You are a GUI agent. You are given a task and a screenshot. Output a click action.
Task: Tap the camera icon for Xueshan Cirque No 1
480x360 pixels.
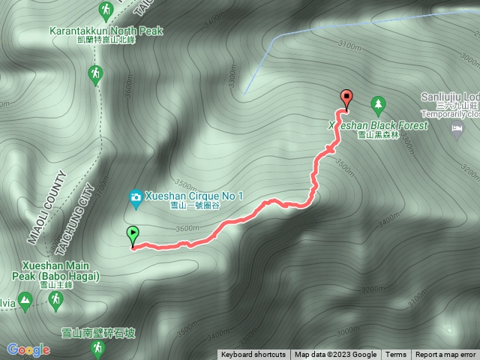coord(136,196)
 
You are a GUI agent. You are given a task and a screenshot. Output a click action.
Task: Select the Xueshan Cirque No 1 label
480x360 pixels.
coord(195,196)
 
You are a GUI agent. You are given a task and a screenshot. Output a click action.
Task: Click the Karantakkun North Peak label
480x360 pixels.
coord(105,31)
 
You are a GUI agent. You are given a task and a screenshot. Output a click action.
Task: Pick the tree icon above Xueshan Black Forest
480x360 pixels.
coord(379,102)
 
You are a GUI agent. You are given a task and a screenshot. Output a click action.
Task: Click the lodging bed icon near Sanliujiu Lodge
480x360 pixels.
coord(457,129)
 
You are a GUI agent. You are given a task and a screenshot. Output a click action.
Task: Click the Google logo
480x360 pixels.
coord(28,349)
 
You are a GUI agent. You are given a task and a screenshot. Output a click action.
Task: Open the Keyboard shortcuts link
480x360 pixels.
coord(253,355)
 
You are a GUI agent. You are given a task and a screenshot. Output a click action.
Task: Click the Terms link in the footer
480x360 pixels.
coord(396,355)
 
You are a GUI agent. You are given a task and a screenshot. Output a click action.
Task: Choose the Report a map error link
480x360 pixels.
coord(445,355)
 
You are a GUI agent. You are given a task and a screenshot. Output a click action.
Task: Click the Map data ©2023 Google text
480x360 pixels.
coord(335,355)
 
